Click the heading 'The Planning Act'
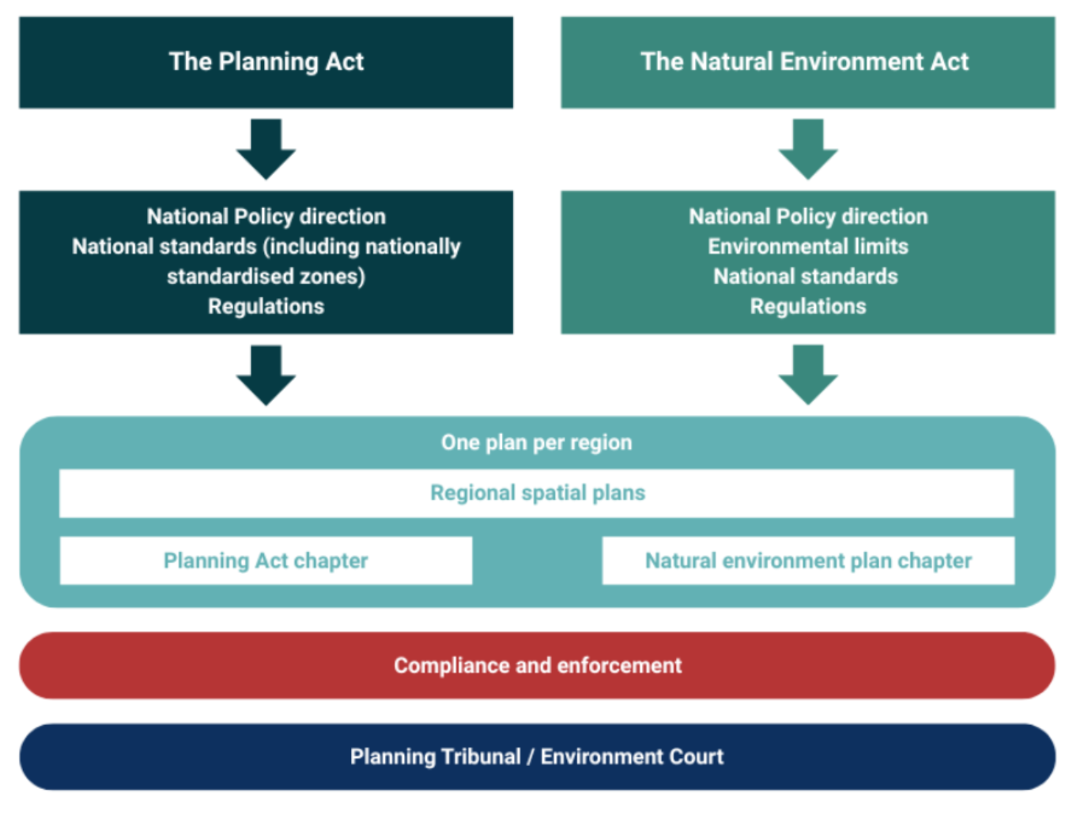point(266,62)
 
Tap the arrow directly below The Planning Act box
point(266,149)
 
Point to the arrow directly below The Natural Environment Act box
point(808,149)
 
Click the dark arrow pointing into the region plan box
point(266,375)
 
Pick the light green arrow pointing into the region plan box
point(808,375)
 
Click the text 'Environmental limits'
point(808,246)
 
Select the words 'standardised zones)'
point(266,276)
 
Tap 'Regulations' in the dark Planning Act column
point(266,306)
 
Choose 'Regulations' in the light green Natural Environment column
point(808,306)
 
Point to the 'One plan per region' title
point(536,442)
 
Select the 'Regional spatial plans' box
point(537,493)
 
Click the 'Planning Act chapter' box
point(266,561)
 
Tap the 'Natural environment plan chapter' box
point(808,561)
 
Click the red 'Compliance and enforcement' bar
point(537,665)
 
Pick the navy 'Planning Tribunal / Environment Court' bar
point(537,756)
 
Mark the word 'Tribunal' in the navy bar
point(481,756)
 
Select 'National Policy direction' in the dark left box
point(266,216)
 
